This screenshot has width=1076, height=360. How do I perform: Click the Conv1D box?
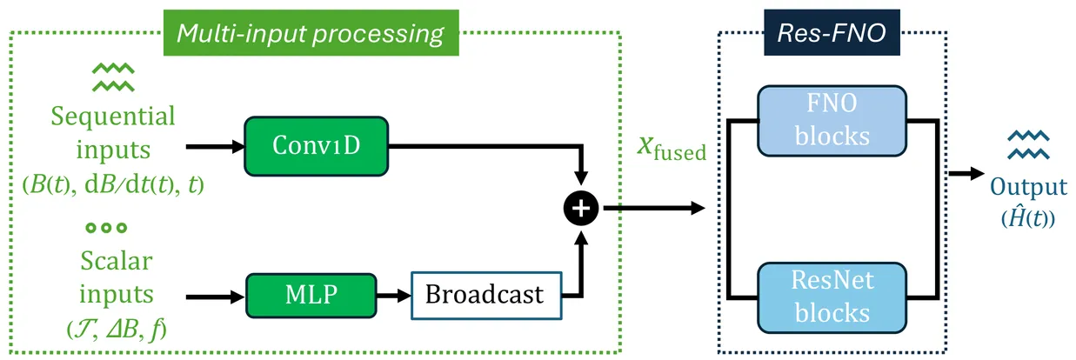pos(316,146)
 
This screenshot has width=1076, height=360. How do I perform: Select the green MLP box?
pos(311,295)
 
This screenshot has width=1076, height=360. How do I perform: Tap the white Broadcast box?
pos(486,295)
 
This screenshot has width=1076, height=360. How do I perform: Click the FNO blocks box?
pos(832,121)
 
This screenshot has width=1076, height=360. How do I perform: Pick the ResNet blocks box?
pos(832,297)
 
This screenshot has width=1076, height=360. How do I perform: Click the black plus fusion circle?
pos(581,209)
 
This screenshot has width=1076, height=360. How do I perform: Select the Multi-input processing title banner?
pos(311,33)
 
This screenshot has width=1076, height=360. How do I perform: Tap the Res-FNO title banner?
pos(832,33)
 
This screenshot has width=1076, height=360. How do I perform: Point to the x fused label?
pos(672,148)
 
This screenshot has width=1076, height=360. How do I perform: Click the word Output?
pos(1028,186)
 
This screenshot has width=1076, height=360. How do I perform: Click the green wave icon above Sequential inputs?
pos(113,77)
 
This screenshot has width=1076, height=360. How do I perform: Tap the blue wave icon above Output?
pos(1028,144)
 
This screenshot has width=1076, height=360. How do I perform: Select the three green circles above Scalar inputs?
pos(106,228)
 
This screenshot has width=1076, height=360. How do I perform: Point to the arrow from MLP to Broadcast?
pos(394,296)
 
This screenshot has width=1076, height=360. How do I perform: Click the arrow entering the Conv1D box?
pos(215,146)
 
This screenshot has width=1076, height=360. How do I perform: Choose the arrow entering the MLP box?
pos(215,297)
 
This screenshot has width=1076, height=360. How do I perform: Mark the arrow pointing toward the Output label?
pos(966,173)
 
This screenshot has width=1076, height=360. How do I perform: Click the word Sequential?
pos(113,117)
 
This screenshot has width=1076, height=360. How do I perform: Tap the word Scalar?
pos(117,261)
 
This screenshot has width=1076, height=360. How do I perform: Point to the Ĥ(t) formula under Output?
pos(1028,217)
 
